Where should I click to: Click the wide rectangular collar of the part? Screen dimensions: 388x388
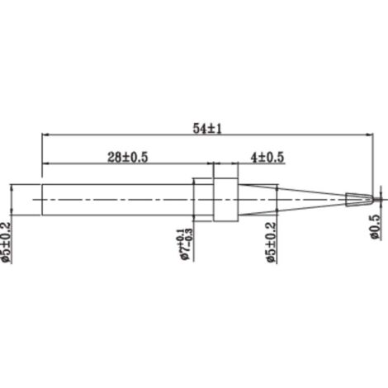pos(225,199)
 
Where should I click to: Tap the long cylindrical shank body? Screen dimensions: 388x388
pos(116,199)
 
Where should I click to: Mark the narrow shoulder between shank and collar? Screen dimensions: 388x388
pos(202,199)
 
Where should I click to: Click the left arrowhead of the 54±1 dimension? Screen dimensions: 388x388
pos(44,135)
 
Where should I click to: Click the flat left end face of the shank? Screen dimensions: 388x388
pos(40,199)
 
